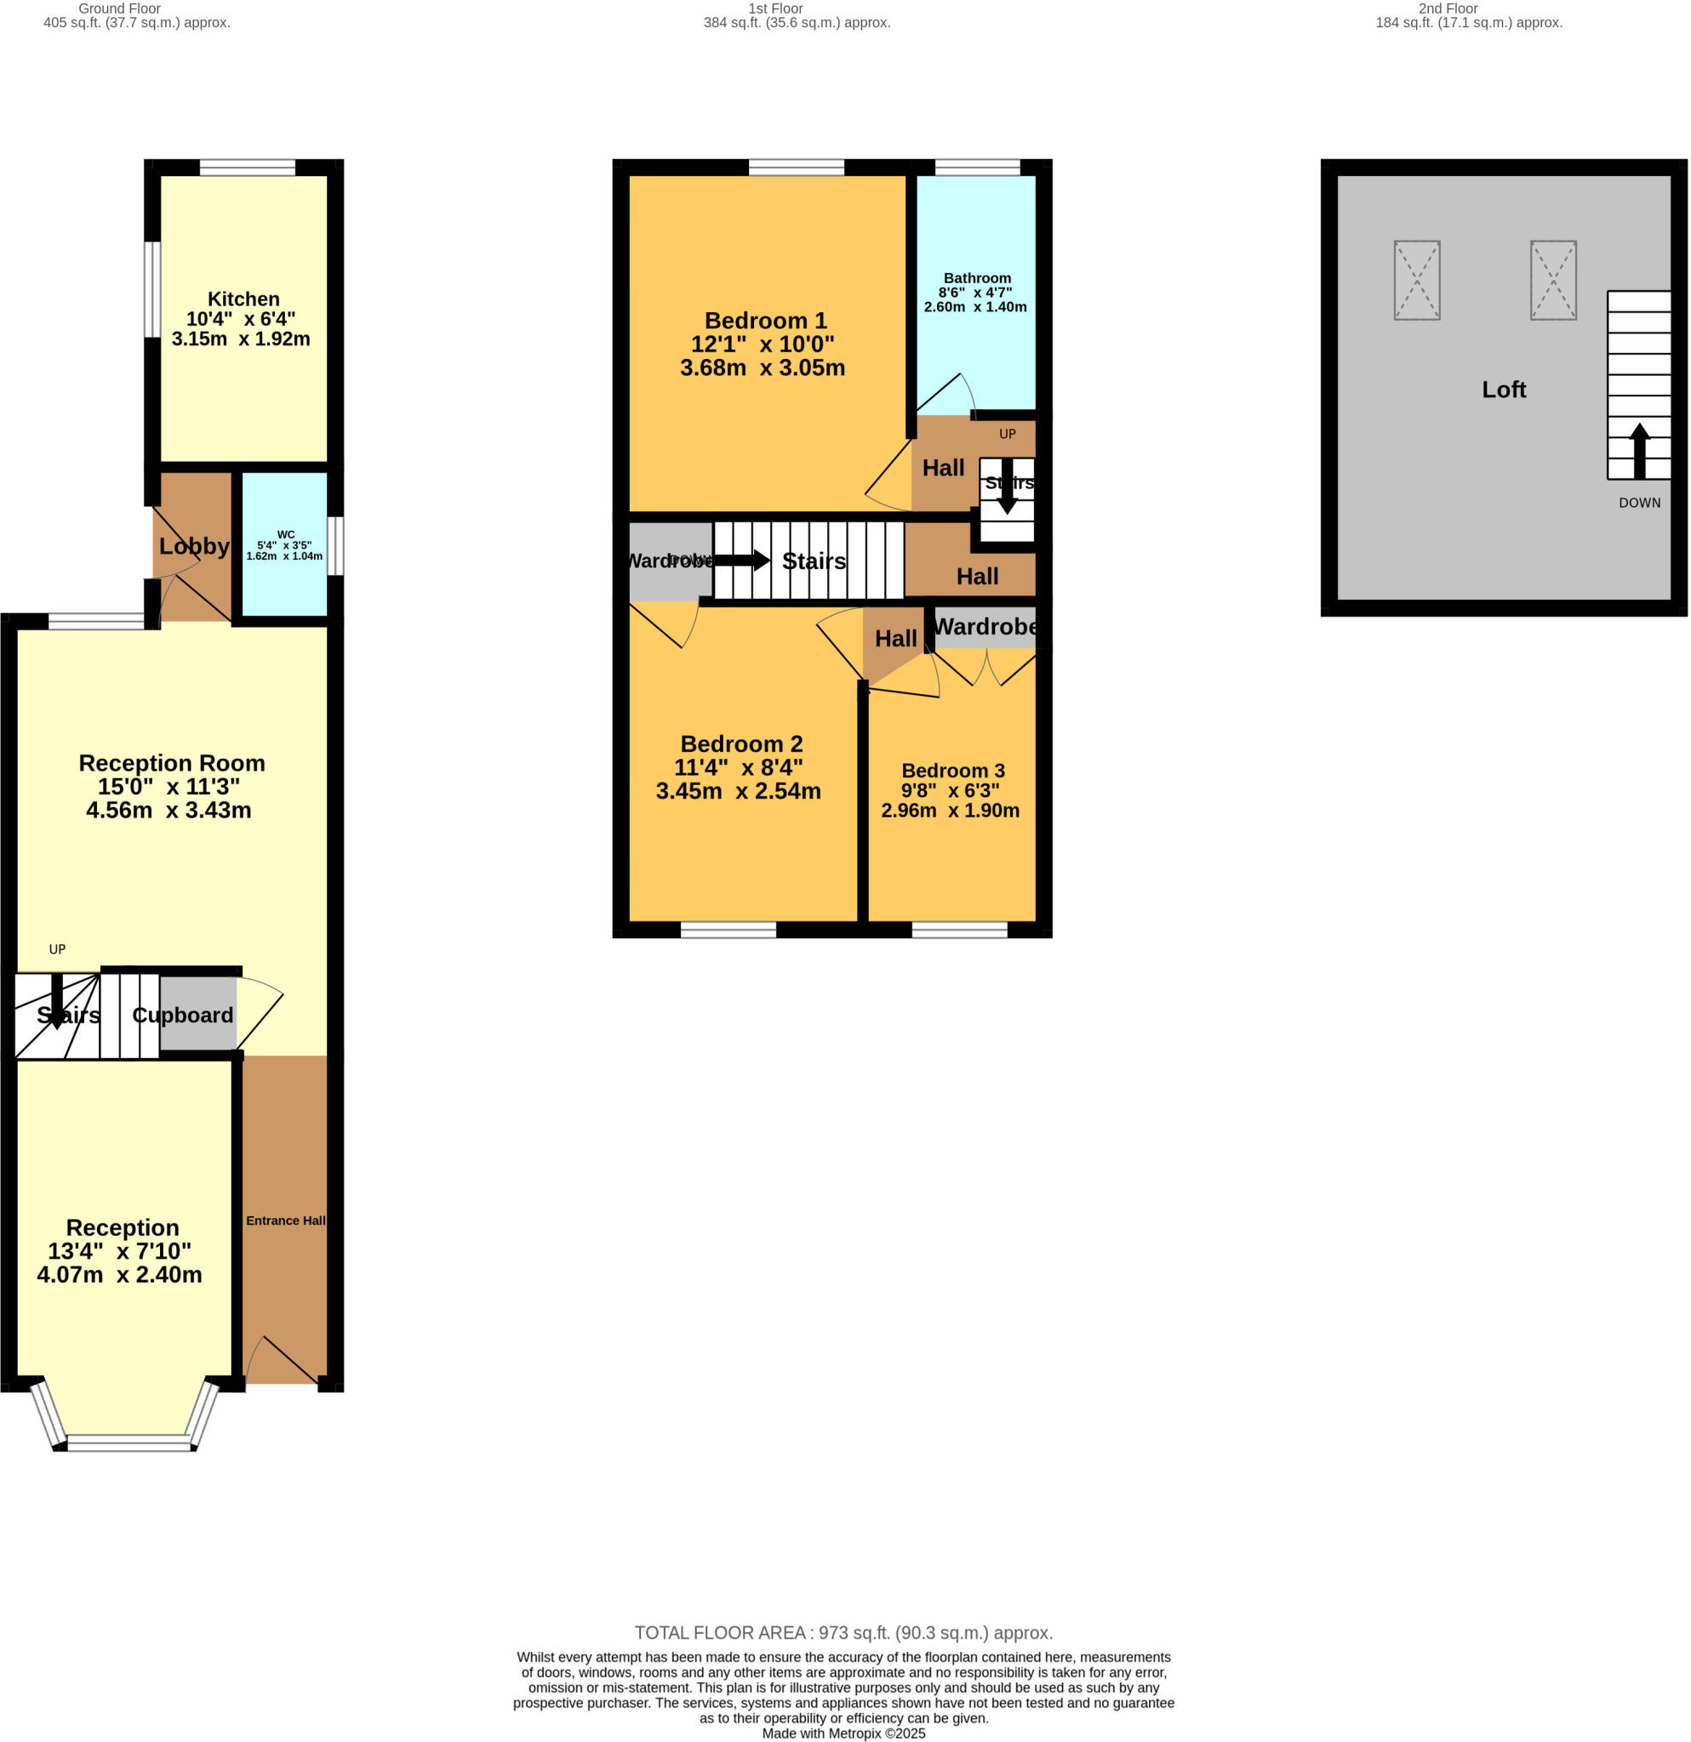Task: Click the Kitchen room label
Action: point(243,299)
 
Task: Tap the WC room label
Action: point(285,535)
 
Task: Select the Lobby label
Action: point(194,546)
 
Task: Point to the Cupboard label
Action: point(182,1015)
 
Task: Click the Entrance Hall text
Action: point(285,1221)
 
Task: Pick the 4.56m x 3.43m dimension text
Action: point(169,811)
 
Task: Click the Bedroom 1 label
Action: point(765,321)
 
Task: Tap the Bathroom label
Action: point(977,278)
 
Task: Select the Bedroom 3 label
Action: point(953,771)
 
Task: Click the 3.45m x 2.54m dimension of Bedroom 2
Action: point(738,791)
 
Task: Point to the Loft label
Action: point(1504,390)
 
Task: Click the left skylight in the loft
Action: point(1416,280)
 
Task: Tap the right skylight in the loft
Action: point(1552,280)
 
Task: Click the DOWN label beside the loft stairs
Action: point(1638,503)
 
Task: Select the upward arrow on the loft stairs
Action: point(1638,451)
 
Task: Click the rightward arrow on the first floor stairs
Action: point(741,560)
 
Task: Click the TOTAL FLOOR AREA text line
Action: point(843,1632)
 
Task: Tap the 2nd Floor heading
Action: point(1448,9)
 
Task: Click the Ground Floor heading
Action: point(119,9)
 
